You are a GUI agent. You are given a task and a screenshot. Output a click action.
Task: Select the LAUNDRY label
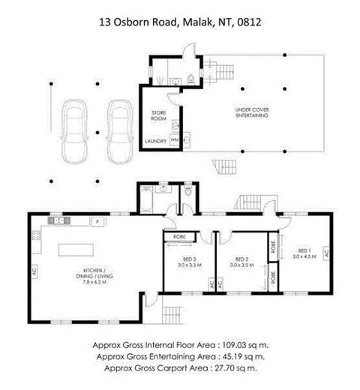pyautogui.click(x=155, y=140)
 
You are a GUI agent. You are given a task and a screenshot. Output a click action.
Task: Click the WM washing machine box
pyautogui.click(x=175, y=139)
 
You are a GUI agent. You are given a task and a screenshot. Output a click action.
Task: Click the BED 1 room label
pyautogui.click(x=304, y=253)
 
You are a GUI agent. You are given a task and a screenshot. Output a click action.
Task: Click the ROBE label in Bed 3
pyautogui.click(x=179, y=237)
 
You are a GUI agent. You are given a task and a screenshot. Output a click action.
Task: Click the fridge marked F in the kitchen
pyautogui.click(x=97, y=221)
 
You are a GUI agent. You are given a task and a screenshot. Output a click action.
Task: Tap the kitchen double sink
pyautogui.click(x=58, y=221)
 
